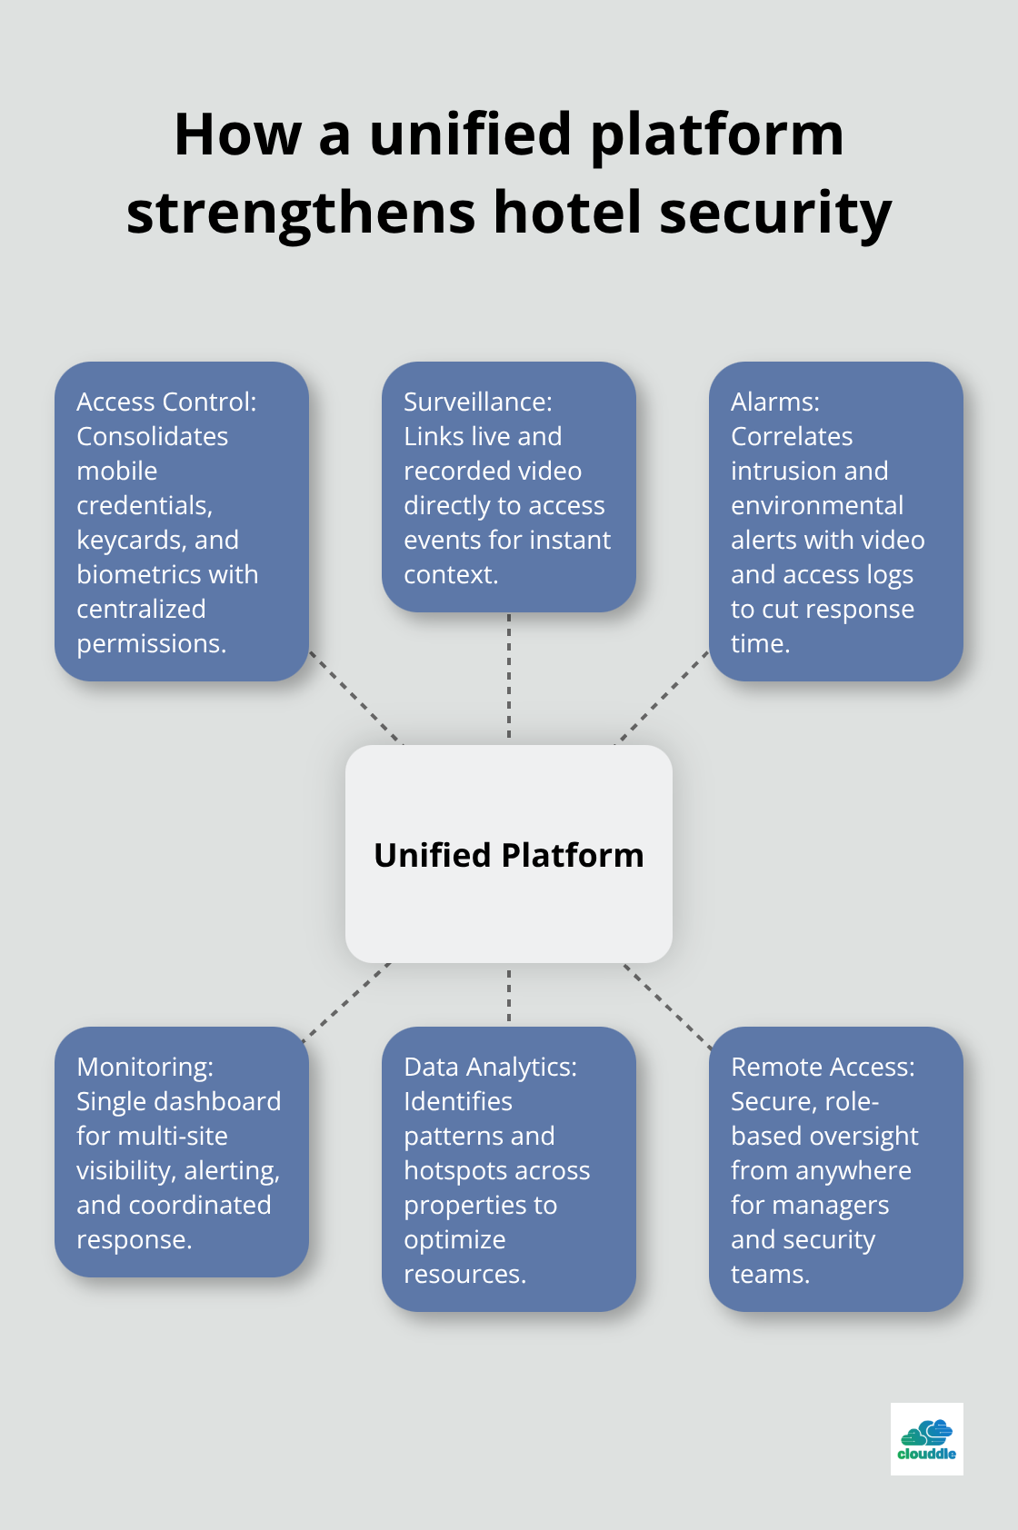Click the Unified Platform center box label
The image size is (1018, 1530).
point(508,855)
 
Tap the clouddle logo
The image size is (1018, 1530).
point(926,1438)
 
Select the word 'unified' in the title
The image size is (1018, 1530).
point(470,134)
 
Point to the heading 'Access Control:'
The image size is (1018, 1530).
point(166,402)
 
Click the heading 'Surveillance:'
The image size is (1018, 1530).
point(477,402)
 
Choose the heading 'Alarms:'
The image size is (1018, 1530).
point(774,402)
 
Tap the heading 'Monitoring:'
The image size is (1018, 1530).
point(145,1067)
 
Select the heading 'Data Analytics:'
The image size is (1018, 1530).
point(490,1067)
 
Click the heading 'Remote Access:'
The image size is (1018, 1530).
point(823,1067)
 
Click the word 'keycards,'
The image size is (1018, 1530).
point(118,540)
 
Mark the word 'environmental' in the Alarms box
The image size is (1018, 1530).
point(816,505)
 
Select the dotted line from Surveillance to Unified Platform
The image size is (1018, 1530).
point(509,677)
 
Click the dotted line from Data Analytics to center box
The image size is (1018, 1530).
point(509,995)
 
